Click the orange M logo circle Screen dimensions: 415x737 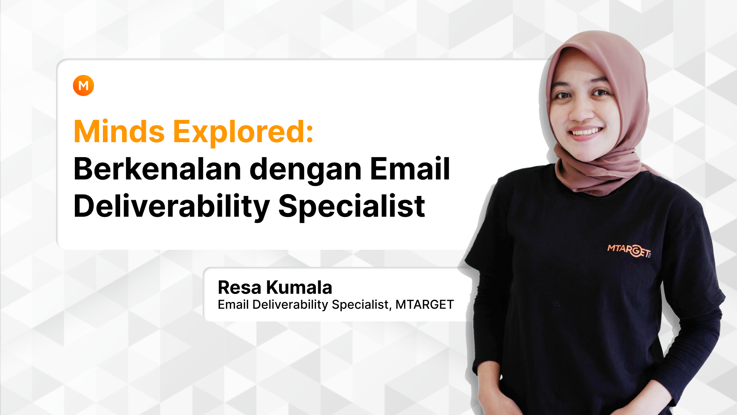[83, 85]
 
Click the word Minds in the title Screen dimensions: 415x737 [119, 132]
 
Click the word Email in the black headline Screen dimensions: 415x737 [410, 169]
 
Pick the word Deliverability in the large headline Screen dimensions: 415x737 [172, 207]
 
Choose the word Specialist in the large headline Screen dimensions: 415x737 [351, 207]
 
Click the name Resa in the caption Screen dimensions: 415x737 [240, 287]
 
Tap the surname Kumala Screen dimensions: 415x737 [299, 287]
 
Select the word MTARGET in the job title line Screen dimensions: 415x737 [425, 305]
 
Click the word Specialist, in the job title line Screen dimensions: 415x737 [362, 305]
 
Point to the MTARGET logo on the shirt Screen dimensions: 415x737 [629, 250]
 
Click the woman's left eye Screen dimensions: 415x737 [600, 92]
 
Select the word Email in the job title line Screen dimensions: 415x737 [233, 305]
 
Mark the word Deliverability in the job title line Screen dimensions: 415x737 [290, 305]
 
